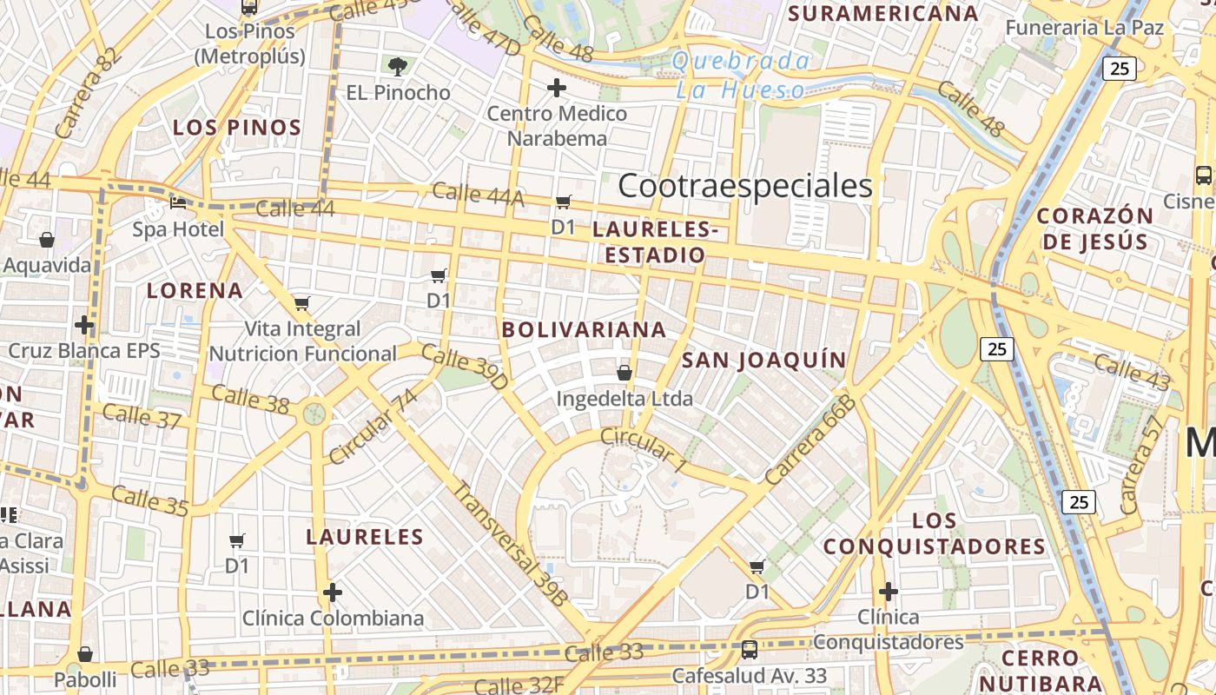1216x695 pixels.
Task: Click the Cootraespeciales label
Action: (744, 186)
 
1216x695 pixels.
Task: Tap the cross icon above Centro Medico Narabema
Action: (557, 88)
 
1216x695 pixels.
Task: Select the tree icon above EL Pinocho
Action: (398, 67)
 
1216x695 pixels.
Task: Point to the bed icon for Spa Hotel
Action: (178, 204)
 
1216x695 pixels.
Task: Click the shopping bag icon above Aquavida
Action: (47, 240)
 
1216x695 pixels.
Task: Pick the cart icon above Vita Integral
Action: (302, 303)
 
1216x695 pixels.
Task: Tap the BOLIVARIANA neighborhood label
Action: (584, 330)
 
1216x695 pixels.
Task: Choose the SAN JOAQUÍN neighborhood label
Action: (763, 361)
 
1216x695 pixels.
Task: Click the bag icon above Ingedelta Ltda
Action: (624, 374)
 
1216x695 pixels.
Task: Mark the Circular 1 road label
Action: (644, 450)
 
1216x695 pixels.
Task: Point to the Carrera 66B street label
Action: (810, 439)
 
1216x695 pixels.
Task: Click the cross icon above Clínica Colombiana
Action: (332, 592)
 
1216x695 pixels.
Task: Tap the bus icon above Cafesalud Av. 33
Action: (749, 649)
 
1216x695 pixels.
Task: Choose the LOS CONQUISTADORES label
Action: (935, 533)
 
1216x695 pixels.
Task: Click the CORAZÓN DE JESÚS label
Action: (1095, 228)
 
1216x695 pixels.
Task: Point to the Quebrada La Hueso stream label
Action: (741, 75)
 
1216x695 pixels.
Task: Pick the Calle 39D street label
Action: (464, 366)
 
